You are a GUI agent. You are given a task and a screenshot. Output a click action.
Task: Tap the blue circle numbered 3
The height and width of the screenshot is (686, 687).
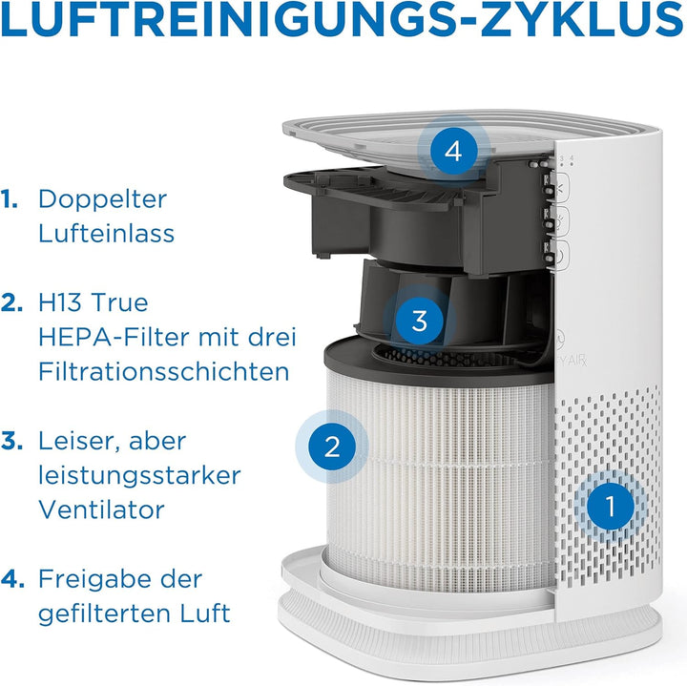(x=420, y=321)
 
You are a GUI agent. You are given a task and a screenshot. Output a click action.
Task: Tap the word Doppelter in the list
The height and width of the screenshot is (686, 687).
(x=102, y=199)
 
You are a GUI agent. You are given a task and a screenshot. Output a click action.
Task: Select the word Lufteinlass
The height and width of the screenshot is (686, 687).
(x=106, y=233)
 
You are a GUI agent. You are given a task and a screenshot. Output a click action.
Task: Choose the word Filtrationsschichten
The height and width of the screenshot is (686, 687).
(x=163, y=371)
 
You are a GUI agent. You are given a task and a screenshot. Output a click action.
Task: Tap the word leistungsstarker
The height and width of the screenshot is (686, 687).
(x=140, y=475)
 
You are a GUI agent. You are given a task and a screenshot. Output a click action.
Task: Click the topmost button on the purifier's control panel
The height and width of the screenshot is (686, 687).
(x=563, y=189)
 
